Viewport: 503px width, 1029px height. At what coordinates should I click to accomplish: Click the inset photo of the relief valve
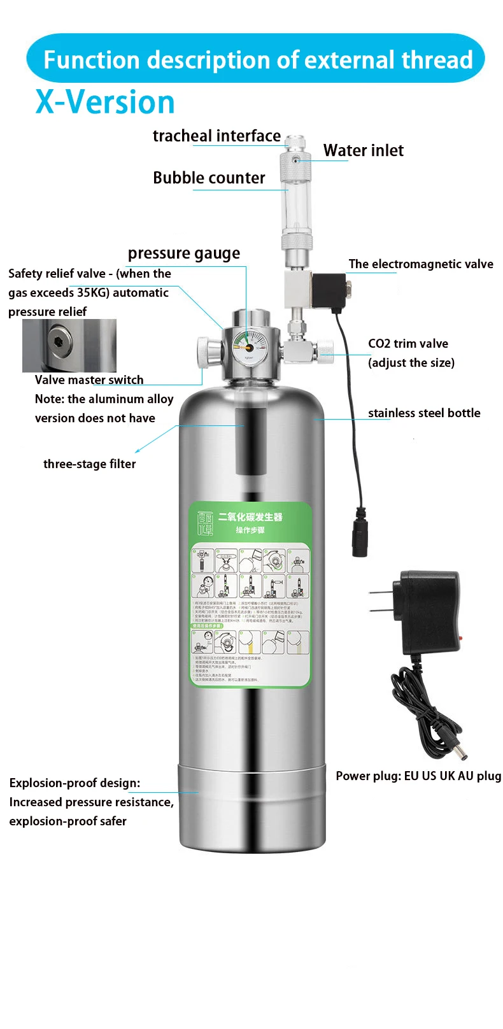click(69, 346)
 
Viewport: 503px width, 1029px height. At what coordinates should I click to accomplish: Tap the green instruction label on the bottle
click(250, 595)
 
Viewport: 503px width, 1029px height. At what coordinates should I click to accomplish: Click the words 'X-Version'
click(105, 102)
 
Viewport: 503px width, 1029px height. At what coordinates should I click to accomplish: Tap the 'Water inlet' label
click(363, 151)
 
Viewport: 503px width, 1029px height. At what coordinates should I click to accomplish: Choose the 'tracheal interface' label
click(216, 136)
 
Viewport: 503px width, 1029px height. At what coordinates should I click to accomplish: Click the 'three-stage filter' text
click(89, 464)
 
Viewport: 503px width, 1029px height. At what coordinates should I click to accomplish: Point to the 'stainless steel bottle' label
click(424, 413)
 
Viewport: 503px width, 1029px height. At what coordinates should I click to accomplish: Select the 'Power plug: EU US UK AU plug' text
click(418, 776)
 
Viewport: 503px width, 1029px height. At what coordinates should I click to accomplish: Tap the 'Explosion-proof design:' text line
click(74, 783)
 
